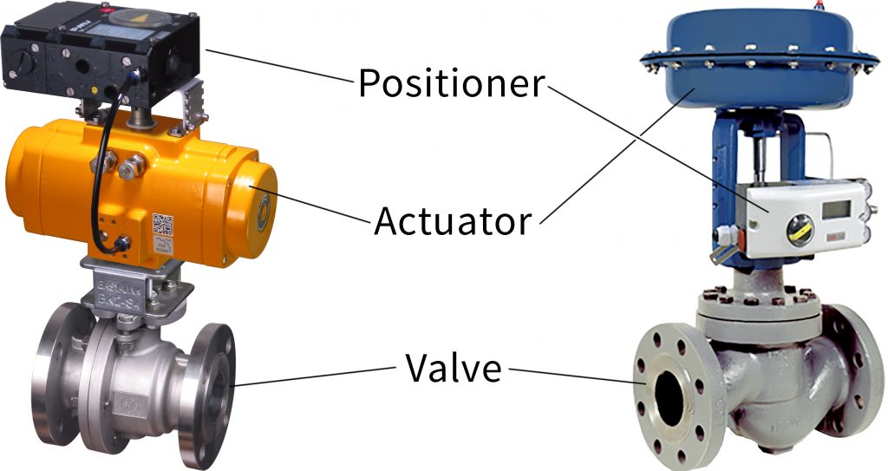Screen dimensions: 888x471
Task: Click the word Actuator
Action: click(453, 220)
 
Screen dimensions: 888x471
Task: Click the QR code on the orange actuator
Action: click(162, 225)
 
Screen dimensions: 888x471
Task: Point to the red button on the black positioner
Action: click(104, 10)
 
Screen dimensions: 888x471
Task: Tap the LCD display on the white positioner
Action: click(836, 210)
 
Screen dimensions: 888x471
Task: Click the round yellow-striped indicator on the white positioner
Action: click(800, 230)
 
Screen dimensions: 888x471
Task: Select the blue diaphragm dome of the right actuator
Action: click(759, 56)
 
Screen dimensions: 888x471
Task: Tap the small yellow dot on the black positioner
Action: click(95, 89)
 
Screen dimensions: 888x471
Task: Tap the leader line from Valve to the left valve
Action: click(314, 376)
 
